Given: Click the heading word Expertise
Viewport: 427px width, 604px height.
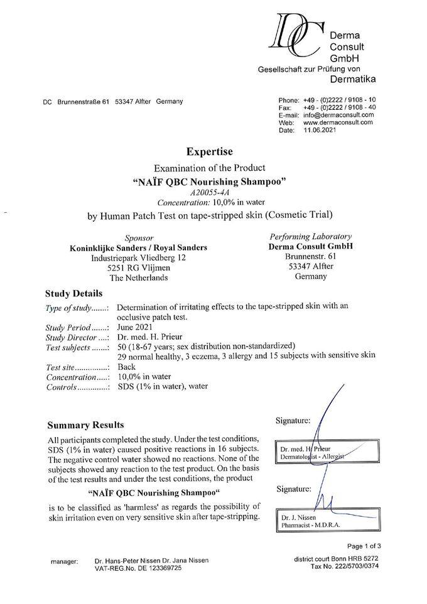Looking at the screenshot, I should (210, 151).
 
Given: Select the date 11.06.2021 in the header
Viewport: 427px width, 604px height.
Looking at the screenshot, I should (321, 130).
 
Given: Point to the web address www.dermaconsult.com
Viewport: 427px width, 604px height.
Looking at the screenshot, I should (338, 123).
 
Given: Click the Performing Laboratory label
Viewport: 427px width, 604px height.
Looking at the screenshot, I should (306, 237).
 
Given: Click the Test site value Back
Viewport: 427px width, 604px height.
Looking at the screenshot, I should (126, 367).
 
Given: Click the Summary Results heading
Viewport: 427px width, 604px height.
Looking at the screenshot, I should (85, 425).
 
